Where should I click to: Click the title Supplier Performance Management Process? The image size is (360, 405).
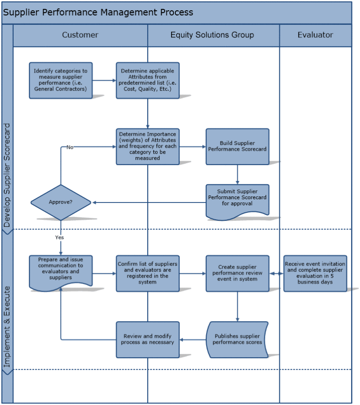coord(98,13)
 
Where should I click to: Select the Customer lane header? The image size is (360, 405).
coord(80,35)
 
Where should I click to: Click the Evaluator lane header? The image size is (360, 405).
coord(315,35)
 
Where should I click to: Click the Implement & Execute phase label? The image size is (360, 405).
coord(7,323)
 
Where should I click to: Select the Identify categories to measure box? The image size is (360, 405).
coord(60,80)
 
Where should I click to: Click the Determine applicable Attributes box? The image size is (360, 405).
coord(148,80)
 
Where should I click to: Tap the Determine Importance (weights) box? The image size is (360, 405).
coord(148,146)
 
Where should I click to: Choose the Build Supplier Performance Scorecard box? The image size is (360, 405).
coord(237,146)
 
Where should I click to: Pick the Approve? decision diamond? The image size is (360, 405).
coord(60,202)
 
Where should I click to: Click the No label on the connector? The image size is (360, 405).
coord(70,147)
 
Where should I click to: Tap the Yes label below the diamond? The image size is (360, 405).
coord(60,238)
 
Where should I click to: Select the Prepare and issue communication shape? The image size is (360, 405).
coord(60,270)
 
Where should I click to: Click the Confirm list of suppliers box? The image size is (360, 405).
coord(148,273)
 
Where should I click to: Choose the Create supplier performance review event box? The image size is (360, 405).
coord(237,273)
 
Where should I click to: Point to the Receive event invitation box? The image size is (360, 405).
coord(315,273)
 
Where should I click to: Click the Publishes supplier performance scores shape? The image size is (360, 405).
coord(237,339)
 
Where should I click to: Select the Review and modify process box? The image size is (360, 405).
coord(148,339)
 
